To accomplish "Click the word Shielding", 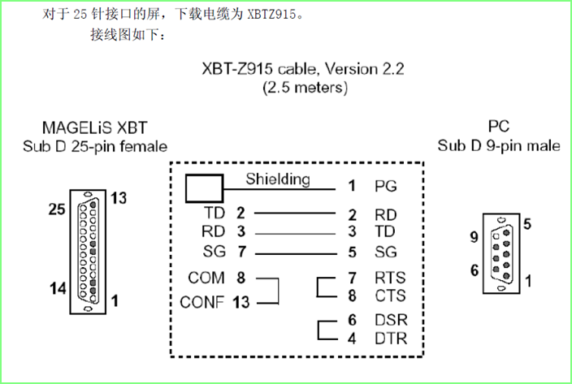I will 277,179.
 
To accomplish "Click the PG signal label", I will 386,186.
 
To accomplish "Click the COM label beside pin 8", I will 206,278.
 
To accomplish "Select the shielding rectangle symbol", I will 204,188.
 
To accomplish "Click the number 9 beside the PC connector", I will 474,238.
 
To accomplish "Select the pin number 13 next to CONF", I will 241,303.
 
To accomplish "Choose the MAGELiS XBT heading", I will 95,128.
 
